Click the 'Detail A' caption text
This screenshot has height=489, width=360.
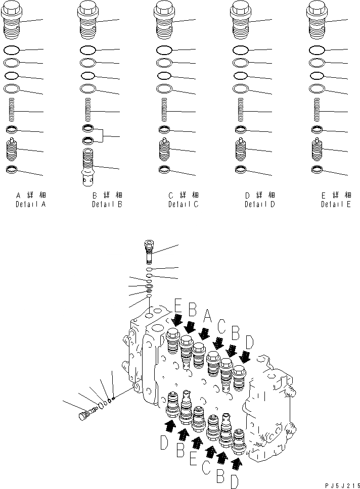point(32,205)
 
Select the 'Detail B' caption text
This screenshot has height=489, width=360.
point(107,205)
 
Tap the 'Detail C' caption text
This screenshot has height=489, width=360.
point(184,205)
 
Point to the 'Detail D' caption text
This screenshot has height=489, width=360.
point(259,205)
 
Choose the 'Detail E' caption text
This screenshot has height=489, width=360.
point(336,205)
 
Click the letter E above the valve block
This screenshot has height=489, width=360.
point(177,305)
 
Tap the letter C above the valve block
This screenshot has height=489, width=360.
point(221,326)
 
